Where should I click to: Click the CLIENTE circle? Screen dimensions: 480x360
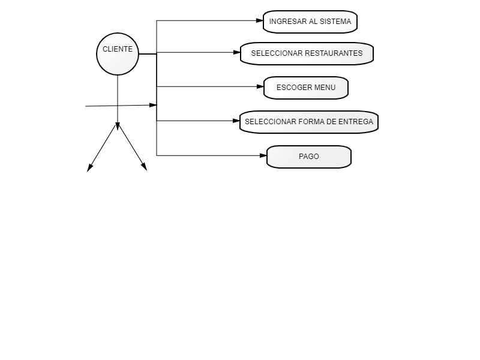(118, 54)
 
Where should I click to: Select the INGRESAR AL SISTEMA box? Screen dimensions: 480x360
(310, 22)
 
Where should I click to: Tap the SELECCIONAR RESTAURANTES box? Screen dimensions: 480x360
(307, 53)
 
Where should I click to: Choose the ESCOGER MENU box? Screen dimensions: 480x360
(306, 88)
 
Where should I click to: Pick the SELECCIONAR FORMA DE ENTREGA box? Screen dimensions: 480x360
(309, 122)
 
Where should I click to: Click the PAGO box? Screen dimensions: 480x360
(309, 157)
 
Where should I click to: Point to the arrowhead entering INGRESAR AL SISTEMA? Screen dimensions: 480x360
(260, 21)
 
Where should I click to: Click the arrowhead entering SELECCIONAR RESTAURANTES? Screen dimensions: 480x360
(237, 53)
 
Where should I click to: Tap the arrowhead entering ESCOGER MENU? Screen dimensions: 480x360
(260, 86)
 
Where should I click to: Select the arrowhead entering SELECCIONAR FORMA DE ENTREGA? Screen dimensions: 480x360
(236, 121)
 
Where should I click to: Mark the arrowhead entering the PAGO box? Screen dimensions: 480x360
(263, 155)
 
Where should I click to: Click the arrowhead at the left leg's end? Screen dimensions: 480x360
(89, 168)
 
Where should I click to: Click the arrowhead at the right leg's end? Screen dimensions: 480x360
(144, 167)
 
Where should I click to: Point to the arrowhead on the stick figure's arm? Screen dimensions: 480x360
(153, 106)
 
